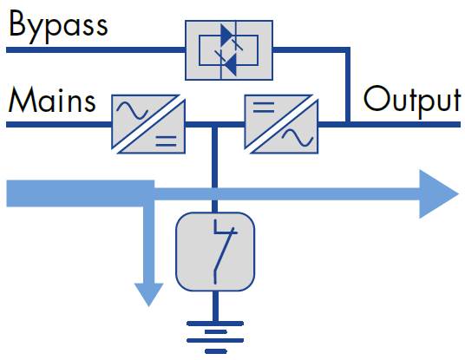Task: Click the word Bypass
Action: [58, 27]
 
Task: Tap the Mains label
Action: [52, 100]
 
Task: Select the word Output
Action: [412, 101]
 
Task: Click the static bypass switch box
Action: [229, 50]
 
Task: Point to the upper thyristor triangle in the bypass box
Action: [227, 34]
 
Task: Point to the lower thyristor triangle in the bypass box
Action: [231, 64]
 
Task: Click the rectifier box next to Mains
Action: [148, 124]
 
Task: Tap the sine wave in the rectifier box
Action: [132, 110]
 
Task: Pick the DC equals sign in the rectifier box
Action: [166, 141]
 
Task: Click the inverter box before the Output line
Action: [281, 124]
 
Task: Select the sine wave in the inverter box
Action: [298, 137]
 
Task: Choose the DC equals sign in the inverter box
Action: [264, 108]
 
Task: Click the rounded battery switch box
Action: [215, 252]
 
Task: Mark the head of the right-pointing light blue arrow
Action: [439, 194]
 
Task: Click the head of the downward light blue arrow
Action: [149, 294]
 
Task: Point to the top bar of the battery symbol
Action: [215, 324]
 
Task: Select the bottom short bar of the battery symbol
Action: [216, 351]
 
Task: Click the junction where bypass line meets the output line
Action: [348, 124]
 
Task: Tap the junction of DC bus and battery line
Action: [215, 125]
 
